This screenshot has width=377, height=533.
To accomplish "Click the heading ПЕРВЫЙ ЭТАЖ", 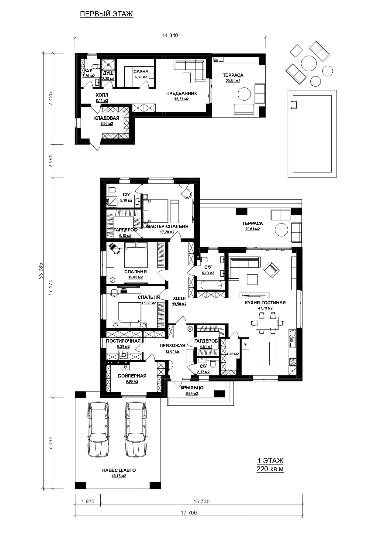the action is [x=106, y=14].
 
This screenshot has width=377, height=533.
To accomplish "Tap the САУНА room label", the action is [x=141, y=72].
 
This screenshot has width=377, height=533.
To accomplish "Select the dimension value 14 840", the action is [x=170, y=35].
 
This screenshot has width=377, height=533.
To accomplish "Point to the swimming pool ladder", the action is [x=294, y=104].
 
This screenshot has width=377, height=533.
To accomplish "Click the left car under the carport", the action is [x=98, y=429].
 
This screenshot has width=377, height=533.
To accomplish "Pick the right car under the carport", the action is [x=136, y=429].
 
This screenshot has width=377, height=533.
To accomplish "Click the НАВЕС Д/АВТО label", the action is [x=119, y=470].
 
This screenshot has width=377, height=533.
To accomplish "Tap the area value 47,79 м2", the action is [x=265, y=308].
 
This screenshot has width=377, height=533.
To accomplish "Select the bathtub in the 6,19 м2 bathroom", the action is [x=209, y=285].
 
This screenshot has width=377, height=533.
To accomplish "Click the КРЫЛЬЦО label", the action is [x=192, y=388].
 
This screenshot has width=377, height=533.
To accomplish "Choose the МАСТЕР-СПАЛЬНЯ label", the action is [x=167, y=227].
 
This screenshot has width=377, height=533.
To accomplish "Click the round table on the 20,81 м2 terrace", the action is [x=245, y=94].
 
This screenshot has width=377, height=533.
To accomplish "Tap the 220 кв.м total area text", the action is [x=270, y=469].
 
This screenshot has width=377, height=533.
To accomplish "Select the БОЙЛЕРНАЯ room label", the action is [x=132, y=376].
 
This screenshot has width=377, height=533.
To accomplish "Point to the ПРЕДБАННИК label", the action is [x=182, y=94].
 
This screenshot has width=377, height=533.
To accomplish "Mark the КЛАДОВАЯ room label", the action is [x=107, y=118].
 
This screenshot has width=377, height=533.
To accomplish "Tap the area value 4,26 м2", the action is [x=233, y=354].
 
